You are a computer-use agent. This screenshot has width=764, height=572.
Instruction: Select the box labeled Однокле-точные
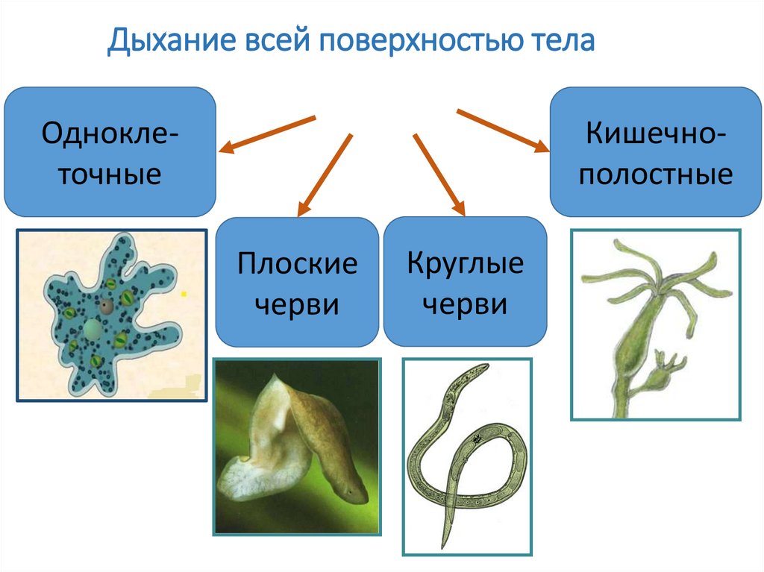coord(110,152)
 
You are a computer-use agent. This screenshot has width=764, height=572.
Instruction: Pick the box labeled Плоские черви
coord(297,282)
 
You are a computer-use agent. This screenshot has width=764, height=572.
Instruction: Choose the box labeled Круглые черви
coord(464,281)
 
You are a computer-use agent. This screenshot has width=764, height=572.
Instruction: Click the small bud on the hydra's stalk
coord(666,365)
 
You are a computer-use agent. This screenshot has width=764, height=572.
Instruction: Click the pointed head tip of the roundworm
coord(484,366)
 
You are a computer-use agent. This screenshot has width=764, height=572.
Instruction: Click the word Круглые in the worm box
coord(465,263)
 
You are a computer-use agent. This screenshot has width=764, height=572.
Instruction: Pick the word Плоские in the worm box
coord(298,264)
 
